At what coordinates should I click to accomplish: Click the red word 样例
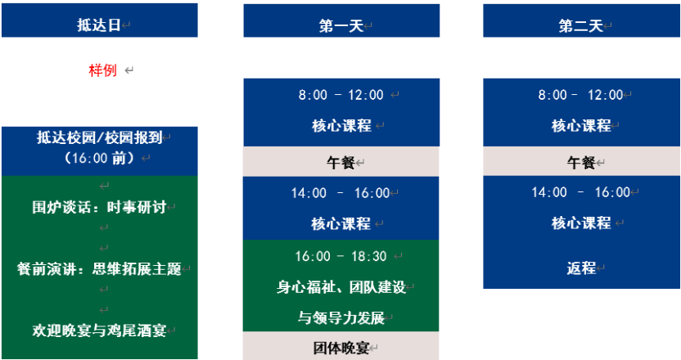[103, 70]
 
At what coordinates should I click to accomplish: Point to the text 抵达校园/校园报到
[100, 137]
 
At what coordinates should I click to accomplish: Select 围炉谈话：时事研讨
[100, 207]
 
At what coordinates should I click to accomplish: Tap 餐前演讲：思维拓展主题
[100, 269]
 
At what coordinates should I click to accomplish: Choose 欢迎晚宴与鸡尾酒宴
[100, 331]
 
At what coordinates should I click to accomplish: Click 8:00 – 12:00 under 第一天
[341, 95]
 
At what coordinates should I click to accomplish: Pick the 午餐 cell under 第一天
[341, 161]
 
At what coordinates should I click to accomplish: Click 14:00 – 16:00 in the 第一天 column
[340, 193]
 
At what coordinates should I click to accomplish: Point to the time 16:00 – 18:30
[341, 256]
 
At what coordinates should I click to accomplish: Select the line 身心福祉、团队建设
[341, 287]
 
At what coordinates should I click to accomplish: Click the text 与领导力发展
[341, 318]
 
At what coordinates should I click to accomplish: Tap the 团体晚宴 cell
[341, 346]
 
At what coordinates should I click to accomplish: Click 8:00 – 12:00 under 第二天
[580, 95]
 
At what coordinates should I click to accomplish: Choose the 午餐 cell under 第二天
[581, 161]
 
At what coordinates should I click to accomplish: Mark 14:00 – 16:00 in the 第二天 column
[580, 192]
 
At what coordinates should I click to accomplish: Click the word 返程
[581, 268]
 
